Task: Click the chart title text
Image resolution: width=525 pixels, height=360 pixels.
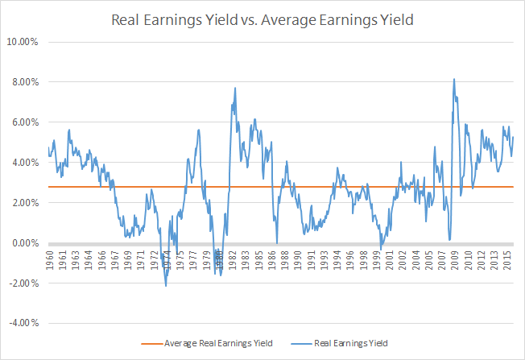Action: [263, 19]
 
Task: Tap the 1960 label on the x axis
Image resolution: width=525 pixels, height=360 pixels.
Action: [51, 259]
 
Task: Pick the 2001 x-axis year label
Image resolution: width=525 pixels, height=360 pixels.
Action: [391, 259]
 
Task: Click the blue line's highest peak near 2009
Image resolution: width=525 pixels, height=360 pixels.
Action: [454, 79]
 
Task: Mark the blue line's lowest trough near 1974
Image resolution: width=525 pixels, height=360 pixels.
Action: [166, 286]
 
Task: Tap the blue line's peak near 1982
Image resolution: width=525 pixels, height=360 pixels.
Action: [234, 88]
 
